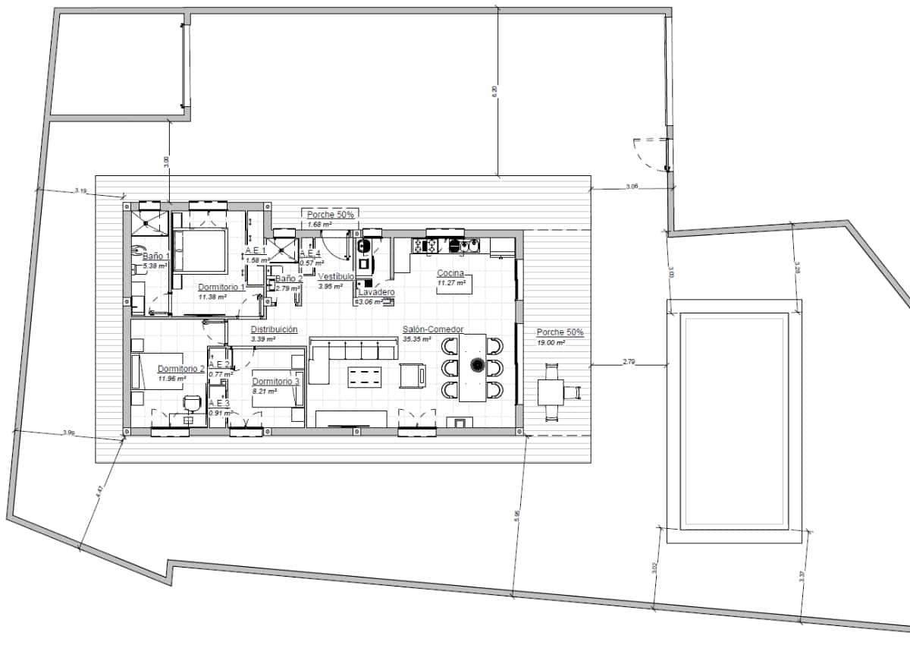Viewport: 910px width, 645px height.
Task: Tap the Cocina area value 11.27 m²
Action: [x=449, y=284]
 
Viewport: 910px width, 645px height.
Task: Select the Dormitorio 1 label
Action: [x=221, y=288]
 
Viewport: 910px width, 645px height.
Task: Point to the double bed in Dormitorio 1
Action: [x=200, y=251]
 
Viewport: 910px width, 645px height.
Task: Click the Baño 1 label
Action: [x=155, y=256]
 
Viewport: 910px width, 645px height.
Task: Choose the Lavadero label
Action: [x=376, y=292]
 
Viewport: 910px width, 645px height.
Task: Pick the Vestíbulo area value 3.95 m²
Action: [x=331, y=286]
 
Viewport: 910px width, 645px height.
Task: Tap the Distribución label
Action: [x=274, y=329]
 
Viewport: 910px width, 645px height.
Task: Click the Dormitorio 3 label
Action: [x=276, y=381]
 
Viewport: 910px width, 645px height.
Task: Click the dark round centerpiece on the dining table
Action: [x=478, y=365]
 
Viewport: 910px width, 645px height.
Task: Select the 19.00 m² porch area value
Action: [x=551, y=343]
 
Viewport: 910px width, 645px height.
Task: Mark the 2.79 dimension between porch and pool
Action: [x=629, y=362]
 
